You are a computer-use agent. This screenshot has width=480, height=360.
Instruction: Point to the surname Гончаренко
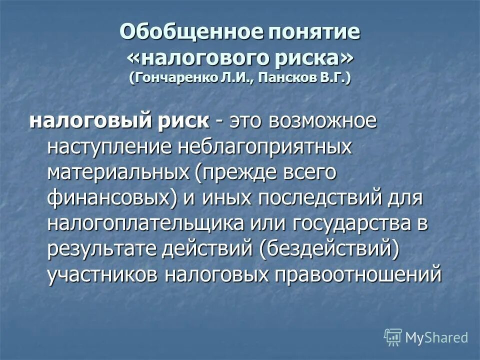pos(172,78)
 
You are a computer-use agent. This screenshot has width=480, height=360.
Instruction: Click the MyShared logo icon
pos(392,337)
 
